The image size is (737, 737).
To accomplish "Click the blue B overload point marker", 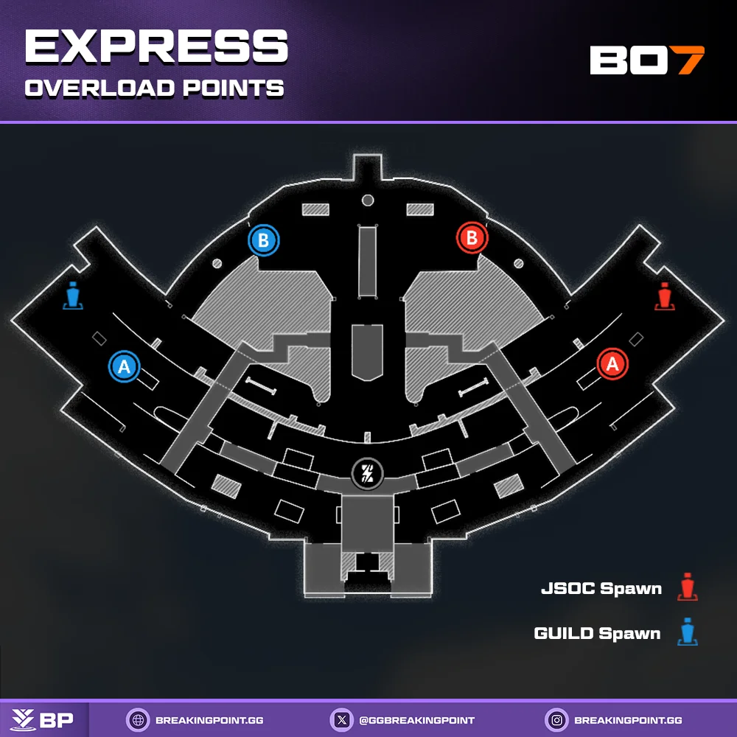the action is (x=264, y=240).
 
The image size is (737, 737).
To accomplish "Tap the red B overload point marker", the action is (x=472, y=238).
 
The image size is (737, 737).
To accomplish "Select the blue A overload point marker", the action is (x=124, y=366).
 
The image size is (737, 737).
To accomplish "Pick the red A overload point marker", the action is (x=612, y=364).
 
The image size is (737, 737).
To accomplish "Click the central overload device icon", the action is (x=368, y=474).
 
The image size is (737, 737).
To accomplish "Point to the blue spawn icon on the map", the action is (x=73, y=296).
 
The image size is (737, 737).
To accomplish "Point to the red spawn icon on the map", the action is (x=664, y=296).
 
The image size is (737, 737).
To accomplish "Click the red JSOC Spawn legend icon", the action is (x=687, y=587).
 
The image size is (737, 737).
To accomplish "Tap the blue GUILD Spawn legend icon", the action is (x=687, y=632).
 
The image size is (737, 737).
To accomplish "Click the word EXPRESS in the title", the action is (x=156, y=46).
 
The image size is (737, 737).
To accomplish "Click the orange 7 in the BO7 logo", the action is (x=690, y=60).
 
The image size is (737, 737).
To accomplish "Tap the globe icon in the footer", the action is (x=139, y=720).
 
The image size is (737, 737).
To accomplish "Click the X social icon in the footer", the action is (x=342, y=720).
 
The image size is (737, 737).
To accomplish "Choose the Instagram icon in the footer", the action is (x=556, y=720).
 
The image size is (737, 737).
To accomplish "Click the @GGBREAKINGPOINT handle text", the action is (x=416, y=721).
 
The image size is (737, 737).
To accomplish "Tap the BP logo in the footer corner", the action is (x=42, y=720).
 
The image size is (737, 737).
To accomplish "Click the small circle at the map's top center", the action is (x=368, y=200).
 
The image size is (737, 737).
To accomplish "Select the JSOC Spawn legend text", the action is (x=601, y=588).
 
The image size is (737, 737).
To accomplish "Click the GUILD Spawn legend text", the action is (x=598, y=633).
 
